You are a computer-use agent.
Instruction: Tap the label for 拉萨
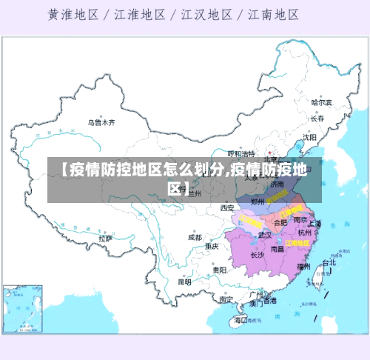[x=106, y=239]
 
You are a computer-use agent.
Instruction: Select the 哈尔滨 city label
[x=321, y=102]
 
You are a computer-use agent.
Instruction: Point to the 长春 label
[x=318, y=118]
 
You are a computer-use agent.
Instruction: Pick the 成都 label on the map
[x=195, y=237]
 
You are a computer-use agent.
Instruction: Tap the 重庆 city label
[x=212, y=246]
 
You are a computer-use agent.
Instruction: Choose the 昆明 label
[x=184, y=281]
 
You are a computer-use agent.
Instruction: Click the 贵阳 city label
[x=219, y=270]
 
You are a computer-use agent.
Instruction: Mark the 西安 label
[x=227, y=208]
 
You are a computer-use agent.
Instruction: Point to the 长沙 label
[x=257, y=255]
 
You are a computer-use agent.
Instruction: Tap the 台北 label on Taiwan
[x=329, y=262]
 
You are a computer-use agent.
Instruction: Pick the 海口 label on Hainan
[x=240, y=320]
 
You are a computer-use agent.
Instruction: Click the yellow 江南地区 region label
[x=297, y=242]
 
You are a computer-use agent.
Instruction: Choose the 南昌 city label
[x=277, y=249]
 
